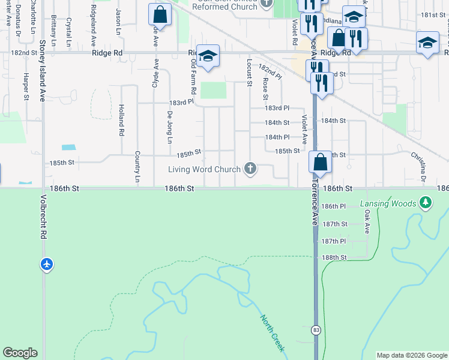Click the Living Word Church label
[203, 170]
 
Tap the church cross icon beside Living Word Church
[250, 169]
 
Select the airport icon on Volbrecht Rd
[47, 263]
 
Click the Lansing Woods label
[388, 204]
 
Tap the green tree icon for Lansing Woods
[426, 203]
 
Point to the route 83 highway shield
[316, 330]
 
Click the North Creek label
[273, 333]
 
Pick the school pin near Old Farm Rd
[208, 56]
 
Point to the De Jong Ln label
[170, 127]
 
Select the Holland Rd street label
[121, 119]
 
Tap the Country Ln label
[137, 166]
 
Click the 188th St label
[334, 257]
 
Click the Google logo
[20, 353]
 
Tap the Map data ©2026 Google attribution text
[411, 355]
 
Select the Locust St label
[249, 72]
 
